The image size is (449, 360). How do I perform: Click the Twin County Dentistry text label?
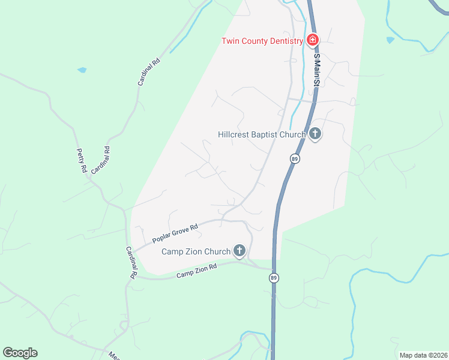pyautogui.click(x=262, y=41)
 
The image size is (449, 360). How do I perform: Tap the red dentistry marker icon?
pyautogui.click(x=312, y=40)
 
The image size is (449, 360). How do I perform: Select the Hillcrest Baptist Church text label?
pyautogui.click(x=262, y=134)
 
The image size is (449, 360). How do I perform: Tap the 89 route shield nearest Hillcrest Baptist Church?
pyautogui.click(x=294, y=158)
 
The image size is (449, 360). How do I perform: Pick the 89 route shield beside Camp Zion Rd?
pyautogui.click(x=274, y=278)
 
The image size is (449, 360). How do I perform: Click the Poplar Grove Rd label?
pyautogui.click(x=175, y=234)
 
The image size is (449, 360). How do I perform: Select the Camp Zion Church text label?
pyautogui.click(x=196, y=251)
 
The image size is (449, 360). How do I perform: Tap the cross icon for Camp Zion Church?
pyautogui.click(x=240, y=251)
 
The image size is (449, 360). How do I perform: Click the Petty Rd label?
pyautogui.click(x=82, y=161)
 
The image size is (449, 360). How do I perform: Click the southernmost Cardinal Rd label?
pyautogui.click(x=131, y=263)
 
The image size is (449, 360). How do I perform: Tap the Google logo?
pyautogui.click(x=20, y=353)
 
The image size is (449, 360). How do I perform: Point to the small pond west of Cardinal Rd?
pyautogui.click(x=82, y=70)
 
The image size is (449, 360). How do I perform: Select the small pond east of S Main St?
pyautogui.click(x=391, y=40)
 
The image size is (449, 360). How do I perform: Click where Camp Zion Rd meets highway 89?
pyautogui.click(x=274, y=268)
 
